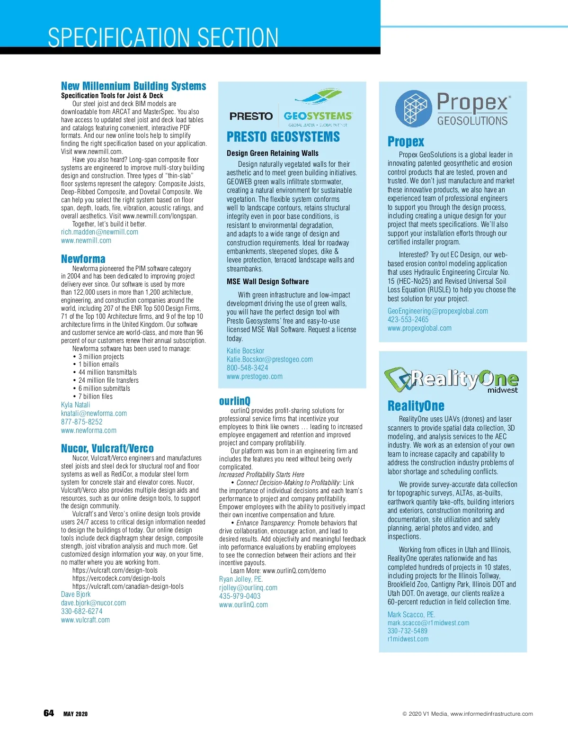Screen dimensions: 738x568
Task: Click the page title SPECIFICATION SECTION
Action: pyautogui.click(x=163, y=37)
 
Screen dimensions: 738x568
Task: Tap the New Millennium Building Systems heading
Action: pyautogui.click(x=133, y=86)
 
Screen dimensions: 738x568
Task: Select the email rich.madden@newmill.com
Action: pyautogui.click(x=99, y=232)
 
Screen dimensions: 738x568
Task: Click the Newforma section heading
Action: pyautogui.click(x=83, y=259)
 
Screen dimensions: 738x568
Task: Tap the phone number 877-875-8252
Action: pyautogui.click(x=81, y=422)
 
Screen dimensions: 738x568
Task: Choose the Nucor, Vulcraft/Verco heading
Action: pyautogui.click(x=107, y=449)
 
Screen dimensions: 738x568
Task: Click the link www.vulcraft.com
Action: pyautogui.click(x=85, y=620)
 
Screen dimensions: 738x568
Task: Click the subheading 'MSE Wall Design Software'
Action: pyautogui.click(x=267, y=282)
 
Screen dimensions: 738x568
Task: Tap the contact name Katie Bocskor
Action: pyautogui.click(x=245, y=351)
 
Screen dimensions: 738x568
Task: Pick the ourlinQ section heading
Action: pyautogui.click(x=235, y=401)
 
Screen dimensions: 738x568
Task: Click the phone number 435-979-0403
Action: pyautogui.click(x=240, y=596)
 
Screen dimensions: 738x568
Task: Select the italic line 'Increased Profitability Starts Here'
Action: pyautogui.click(x=261, y=475)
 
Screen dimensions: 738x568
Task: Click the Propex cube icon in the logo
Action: pyautogui.click(x=414, y=108)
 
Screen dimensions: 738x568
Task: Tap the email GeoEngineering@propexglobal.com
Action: pyautogui.click(x=437, y=311)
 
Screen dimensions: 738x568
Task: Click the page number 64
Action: pyautogui.click(x=49, y=713)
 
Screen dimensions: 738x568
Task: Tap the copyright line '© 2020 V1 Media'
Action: pyautogui.click(x=467, y=714)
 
